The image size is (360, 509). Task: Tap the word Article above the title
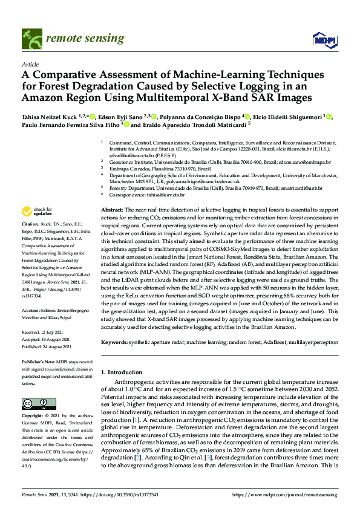pos(30,63)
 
